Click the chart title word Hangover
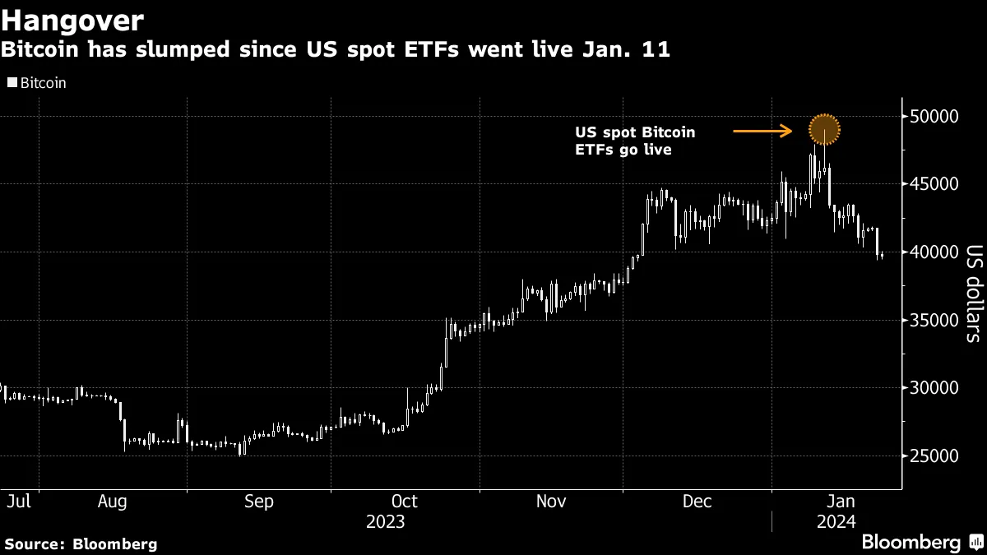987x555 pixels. [73, 20]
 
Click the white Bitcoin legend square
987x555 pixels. [12, 83]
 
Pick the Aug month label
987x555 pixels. [112, 501]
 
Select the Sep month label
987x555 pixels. [259, 501]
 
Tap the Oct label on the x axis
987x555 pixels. [405, 501]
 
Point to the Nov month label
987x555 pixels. [550, 501]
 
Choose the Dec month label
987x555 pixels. [697, 501]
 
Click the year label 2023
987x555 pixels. [385, 521]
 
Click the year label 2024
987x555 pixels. [836, 521]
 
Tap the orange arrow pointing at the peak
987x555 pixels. [762, 130]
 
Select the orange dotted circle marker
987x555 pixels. [824, 129]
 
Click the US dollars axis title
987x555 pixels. [972, 293]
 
